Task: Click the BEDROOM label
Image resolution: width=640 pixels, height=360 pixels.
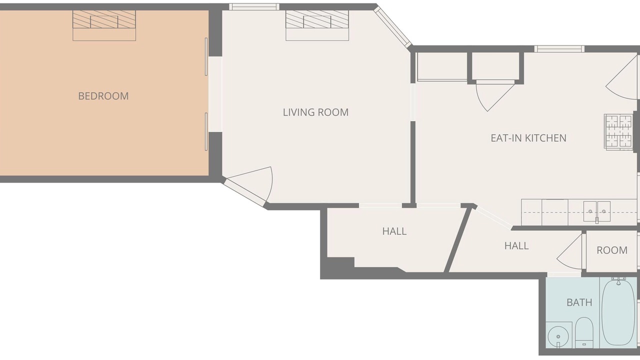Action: tap(103, 96)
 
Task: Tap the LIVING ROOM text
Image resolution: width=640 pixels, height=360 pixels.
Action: tap(315, 112)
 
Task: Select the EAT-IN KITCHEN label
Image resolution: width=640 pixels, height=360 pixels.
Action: tap(528, 138)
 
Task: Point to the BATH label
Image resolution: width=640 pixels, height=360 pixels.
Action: tap(579, 302)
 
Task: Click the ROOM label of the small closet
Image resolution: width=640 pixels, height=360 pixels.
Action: tap(612, 250)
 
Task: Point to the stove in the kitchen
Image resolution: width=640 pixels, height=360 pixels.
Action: tap(618, 132)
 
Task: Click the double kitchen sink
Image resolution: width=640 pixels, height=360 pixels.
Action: tap(597, 211)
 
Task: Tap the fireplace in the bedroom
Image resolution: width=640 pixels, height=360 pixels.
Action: tap(104, 25)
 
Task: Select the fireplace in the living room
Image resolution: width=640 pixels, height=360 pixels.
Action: tap(317, 25)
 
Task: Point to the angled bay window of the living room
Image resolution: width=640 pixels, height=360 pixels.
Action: tap(393, 27)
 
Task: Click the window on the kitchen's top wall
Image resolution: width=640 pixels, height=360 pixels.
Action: tap(559, 49)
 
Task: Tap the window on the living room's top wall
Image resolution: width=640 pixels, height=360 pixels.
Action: tap(254, 7)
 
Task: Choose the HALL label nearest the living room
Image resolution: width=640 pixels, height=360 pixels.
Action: tap(394, 231)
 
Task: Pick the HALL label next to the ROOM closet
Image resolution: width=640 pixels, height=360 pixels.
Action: tap(516, 245)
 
